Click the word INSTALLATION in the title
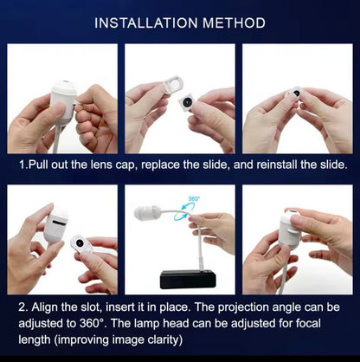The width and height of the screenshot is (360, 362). coord(146,23)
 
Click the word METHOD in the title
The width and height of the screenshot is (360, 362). coord(234,23)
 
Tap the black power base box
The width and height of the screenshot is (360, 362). coord(188,279)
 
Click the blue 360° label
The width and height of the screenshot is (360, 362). coord(194,198)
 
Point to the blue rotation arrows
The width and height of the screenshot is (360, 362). coord(188,210)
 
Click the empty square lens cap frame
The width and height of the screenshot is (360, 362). coord(173,85)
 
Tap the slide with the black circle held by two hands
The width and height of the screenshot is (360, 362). coord(295,94)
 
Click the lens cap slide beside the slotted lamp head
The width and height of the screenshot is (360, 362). coord(80,244)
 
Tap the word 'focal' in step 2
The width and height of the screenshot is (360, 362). coord(308,323)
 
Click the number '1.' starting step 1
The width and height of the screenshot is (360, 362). coord(23,165)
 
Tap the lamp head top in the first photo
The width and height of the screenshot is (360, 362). coord(65,85)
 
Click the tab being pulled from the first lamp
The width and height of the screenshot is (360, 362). coord(76,102)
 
